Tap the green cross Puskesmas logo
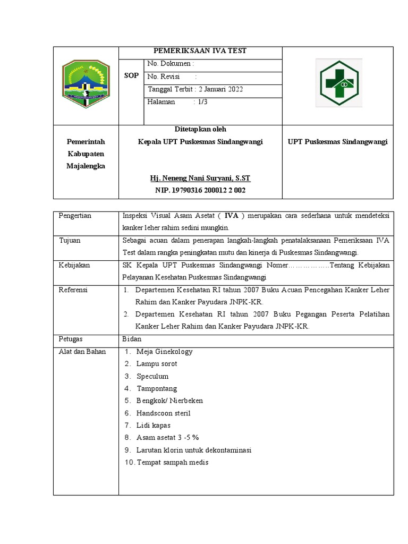coord(338,83)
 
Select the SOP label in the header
coord(131,76)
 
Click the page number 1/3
coord(202,102)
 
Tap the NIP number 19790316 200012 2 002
coord(192,190)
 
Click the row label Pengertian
coord(75,216)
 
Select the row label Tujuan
coord(70,240)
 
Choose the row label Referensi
coord(73,290)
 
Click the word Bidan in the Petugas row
coord(131,339)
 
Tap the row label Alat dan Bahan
coord(82,352)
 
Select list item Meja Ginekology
coord(164,352)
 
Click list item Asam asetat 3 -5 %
coord(167,438)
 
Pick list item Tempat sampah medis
coord(172,462)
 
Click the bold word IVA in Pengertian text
coord(231,216)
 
